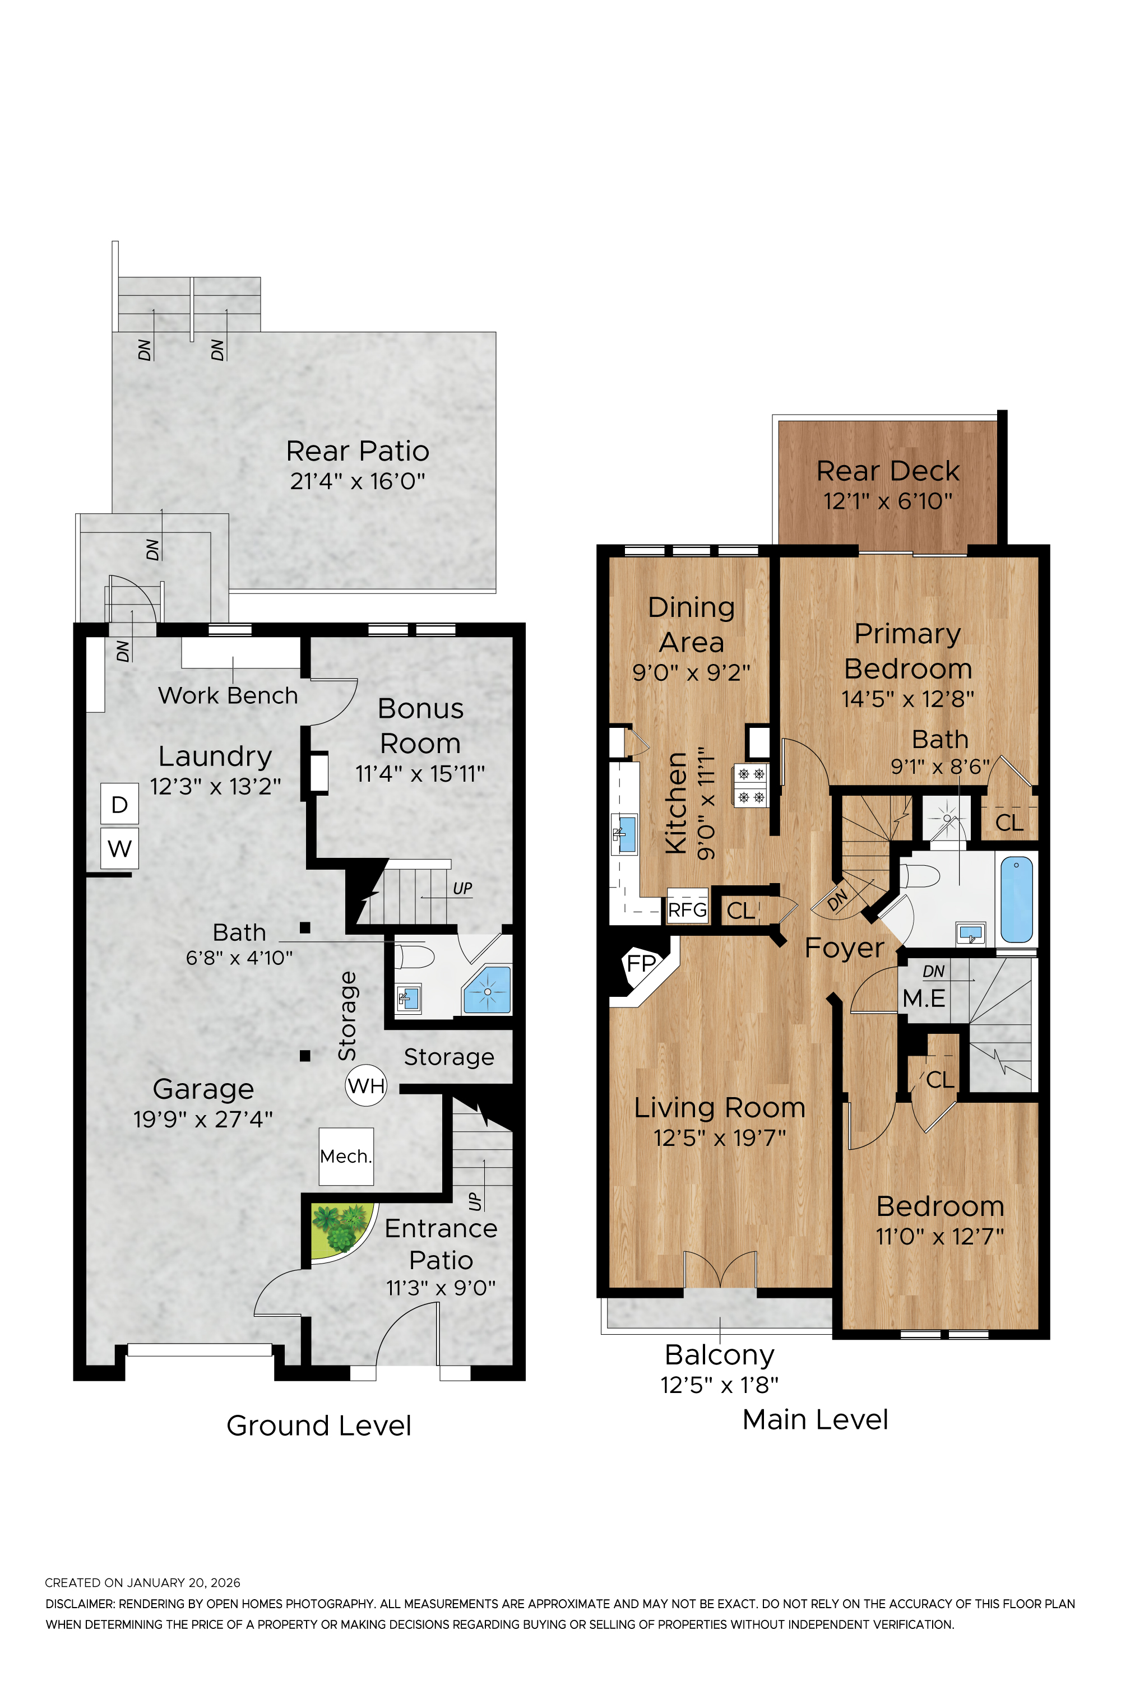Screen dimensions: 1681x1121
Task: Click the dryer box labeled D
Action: click(x=119, y=804)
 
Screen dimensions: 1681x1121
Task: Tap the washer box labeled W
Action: click(x=119, y=848)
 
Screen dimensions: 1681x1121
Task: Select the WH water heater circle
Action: click(x=366, y=1086)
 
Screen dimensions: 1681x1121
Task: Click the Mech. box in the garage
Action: click(x=346, y=1157)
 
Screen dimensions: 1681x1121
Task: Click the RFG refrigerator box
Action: click(x=687, y=910)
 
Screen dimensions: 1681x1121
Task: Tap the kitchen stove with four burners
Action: click(x=751, y=785)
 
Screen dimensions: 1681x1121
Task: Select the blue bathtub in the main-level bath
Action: click(x=1016, y=900)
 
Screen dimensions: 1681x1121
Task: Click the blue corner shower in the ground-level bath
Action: click(x=488, y=990)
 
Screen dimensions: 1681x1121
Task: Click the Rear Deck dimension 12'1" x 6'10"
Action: click(x=887, y=501)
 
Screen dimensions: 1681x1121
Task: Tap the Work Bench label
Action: click(x=228, y=695)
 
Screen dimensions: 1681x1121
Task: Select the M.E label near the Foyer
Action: click(x=924, y=999)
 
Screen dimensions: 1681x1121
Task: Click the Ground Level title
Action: click(x=319, y=1426)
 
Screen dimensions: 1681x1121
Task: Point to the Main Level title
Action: click(x=815, y=1419)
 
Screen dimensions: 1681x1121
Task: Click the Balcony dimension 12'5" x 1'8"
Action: click(x=719, y=1385)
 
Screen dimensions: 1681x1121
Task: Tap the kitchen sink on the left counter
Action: click(x=625, y=833)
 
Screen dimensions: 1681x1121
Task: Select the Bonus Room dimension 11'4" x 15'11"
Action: click(x=420, y=773)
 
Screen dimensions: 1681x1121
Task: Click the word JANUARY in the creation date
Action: click(x=156, y=1582)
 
